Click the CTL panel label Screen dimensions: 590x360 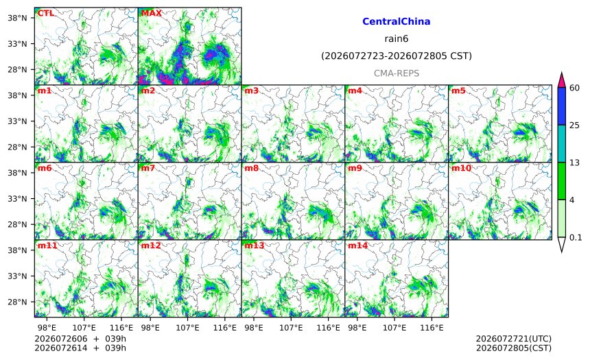pos(45,13)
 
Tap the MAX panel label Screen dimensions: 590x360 pos(151,13)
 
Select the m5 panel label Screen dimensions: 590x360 pos(458,91)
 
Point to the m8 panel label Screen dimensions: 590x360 pos(251,168)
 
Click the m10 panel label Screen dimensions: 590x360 pos(461,168)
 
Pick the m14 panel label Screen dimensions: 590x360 pos(357,245)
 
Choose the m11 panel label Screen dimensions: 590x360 pos(47,245)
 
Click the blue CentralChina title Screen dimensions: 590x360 pos(397,21)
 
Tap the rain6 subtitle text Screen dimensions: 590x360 pos(397,39)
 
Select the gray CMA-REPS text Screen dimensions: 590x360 pos(397,73)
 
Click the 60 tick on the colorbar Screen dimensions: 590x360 pos(574,88)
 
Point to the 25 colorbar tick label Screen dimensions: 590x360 pos(574,125)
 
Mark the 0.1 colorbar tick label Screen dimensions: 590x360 pos(576,238)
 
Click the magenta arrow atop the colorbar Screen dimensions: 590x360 pos(561,80)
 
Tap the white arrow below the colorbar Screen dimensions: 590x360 pos(561,245)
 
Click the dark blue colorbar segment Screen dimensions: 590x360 pos(561,106)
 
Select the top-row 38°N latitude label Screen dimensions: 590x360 pos(17,18)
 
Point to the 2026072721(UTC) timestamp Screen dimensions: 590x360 pos(514,339)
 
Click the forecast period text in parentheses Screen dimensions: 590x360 pos(397,56)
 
